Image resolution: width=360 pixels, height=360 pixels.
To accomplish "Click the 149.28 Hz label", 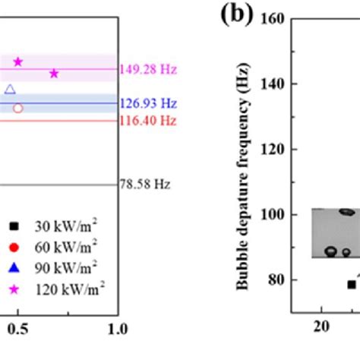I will click(x=147, y=70).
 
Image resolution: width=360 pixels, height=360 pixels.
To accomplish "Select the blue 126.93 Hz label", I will click(x=147, y=103).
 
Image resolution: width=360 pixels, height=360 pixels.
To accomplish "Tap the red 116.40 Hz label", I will click(x=147, y=121).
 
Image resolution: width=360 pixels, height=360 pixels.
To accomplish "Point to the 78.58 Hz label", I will click(x=145, y=185).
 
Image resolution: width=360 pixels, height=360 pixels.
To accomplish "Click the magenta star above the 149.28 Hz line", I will click(x=18, y=62).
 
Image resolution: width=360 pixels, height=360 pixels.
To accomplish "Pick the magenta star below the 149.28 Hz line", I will click(x=54, y=74).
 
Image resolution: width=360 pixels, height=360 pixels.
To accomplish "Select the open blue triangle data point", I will click(x=10, y=90).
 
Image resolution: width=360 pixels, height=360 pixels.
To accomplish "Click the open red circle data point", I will click(x=18, y=108).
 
